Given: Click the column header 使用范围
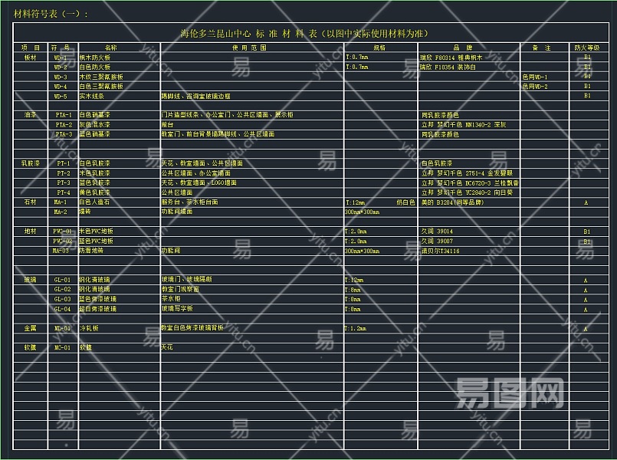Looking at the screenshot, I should click(x=250, y=48).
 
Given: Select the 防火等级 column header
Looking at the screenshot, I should click(x=586, y=48).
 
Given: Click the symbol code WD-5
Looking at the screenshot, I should click(x=61, y=97).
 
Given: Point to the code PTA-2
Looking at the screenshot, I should click(x=64, y=125).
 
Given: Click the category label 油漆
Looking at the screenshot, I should click(x=30, y=115).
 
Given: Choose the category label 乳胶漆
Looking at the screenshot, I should click(x=31, y=163).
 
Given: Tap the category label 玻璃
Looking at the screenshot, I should click(x=30, y=280).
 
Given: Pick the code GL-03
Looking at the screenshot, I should click(x=62, y=299).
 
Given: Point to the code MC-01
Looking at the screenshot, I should click(x=62, y=347).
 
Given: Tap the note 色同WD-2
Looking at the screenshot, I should click(x=535, y=87).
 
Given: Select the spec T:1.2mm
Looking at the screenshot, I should click(x=356, y=328).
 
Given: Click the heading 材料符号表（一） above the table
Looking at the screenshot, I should click(x=51, y=14).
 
